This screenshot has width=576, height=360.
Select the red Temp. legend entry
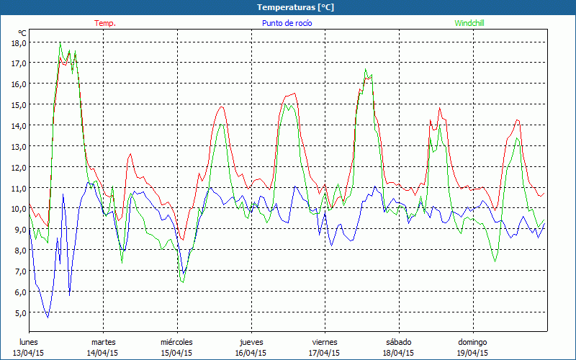coord(105,23)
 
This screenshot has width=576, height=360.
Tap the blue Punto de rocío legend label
coord(287,23)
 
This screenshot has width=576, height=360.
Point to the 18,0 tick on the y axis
coord(19,42)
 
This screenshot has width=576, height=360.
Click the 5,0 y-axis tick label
coord(19,313)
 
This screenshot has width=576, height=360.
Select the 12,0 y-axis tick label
coord(19,167)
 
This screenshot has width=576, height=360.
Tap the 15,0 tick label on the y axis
coord(19,104)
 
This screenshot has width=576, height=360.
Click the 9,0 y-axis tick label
coord(19,230)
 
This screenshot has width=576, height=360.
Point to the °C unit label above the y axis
coord(22,32)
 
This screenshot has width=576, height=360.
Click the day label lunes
coord(29,341)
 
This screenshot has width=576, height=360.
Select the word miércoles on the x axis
coord(176,341)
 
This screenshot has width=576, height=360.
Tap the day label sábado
coord(398,341)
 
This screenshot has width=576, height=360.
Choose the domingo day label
coord(472,341)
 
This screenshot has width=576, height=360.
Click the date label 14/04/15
coord(103,353)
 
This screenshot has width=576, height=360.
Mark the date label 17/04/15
coord(325,353)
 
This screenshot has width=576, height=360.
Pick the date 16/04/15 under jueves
coord(251,353)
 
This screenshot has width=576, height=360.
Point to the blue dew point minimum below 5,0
coord(48,317)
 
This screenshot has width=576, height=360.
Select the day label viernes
coord(325,341)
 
